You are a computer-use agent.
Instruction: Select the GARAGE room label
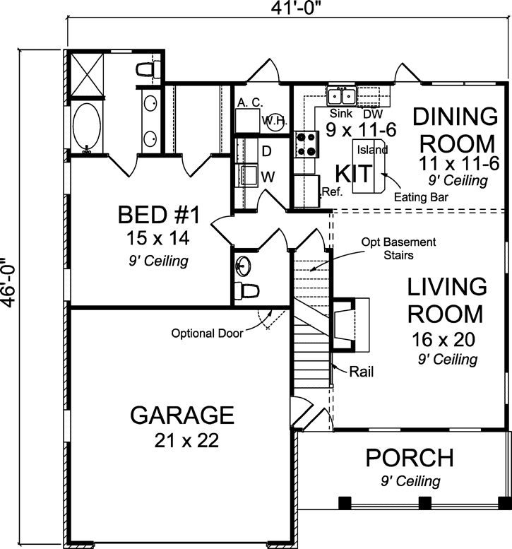(x=182, y=415)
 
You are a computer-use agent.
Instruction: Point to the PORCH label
(x=409, y=458)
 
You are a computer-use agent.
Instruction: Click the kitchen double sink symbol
(x=342, y=95)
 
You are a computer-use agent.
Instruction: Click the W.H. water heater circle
(x=273, y=120)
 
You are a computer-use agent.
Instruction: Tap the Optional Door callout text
(x=207, y=333)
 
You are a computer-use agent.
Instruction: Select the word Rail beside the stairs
(x=361, y=370)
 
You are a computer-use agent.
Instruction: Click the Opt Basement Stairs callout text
(x=398, y=248)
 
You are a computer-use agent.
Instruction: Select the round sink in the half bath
(x=244, y=266)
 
